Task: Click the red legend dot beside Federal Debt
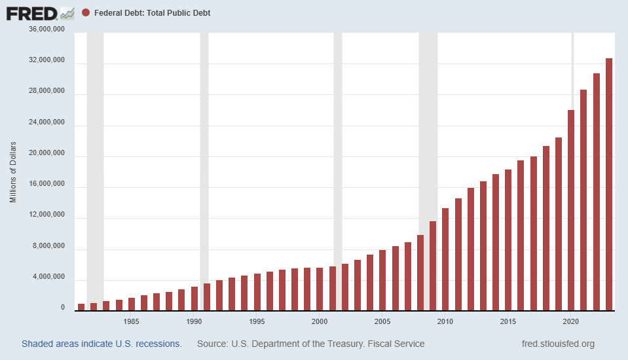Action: click(86, 12)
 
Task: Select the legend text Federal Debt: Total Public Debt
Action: click(153, 12)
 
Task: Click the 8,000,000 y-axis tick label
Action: click(46, 247)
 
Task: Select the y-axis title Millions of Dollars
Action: click(13, 171)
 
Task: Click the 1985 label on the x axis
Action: click(131, 321)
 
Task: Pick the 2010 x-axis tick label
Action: click(445, 321)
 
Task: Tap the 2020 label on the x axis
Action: click(571, 321)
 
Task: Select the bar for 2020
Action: click(571, 209)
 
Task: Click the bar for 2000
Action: click(320, 289)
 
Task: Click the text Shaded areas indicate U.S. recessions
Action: click(102, 344)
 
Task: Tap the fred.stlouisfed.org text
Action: click(558, 344)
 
